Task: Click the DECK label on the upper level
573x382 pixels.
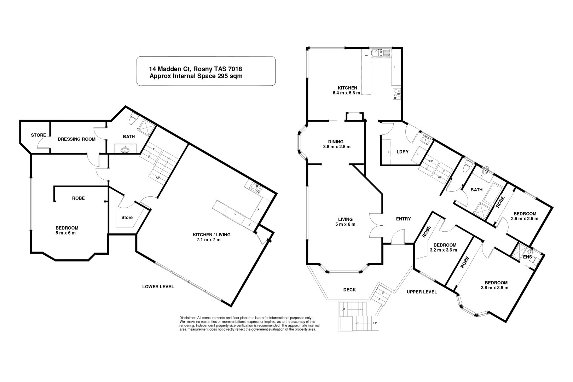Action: (349, 290)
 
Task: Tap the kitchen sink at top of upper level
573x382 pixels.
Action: (380, 53)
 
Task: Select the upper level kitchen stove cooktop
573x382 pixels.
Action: (397, 94)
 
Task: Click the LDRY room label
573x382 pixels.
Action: (403, 152)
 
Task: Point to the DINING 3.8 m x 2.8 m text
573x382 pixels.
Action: (336, 144)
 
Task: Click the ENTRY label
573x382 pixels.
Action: (403, 219)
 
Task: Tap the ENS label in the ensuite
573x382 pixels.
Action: (527, 257)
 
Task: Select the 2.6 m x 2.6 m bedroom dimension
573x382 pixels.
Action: (525, 219)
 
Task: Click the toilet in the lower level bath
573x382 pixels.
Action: (133, 120)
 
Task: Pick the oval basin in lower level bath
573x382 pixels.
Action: (125, 150)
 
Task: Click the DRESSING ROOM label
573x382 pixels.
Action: (76, 139)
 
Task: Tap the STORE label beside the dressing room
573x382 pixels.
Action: (38, 135)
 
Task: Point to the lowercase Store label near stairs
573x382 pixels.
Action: (127, 217)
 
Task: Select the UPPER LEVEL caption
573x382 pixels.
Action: (422, 292)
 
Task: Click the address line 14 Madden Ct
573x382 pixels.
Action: (196, 69)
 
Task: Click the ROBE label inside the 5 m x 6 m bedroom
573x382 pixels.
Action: (78, 198)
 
